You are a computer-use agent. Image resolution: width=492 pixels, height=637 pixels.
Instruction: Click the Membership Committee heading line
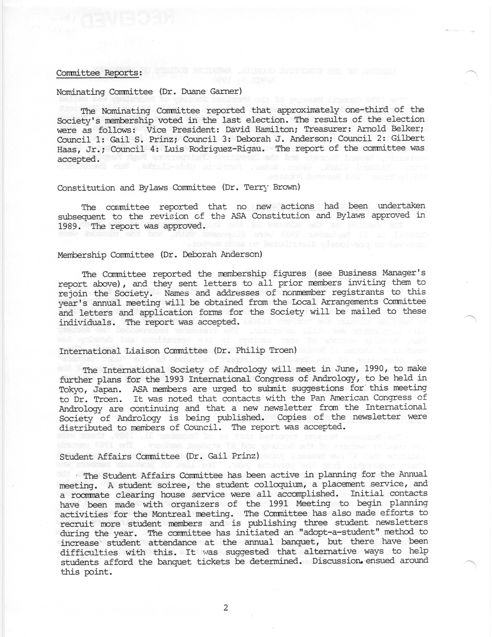160,255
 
